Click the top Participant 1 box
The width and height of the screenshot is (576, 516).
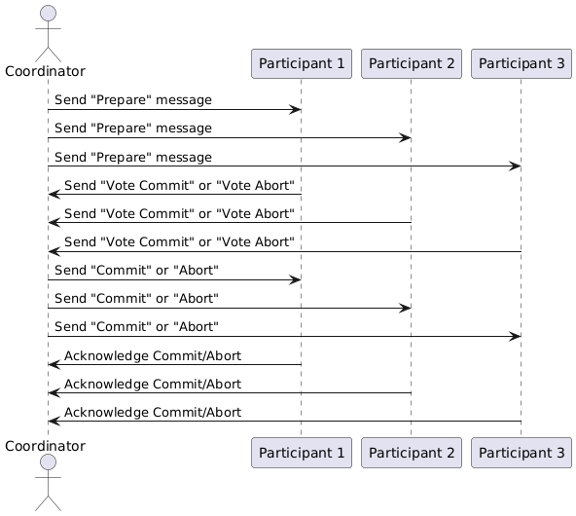301,64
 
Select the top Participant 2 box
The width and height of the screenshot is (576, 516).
411,64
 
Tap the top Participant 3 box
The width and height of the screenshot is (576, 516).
521,64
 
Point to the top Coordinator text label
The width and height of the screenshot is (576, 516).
45,71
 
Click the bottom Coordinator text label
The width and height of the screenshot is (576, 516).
45,445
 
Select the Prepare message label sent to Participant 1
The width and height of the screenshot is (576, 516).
133,100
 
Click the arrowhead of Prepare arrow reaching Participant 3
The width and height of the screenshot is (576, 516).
516,166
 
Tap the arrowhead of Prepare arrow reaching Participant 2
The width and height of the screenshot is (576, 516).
406,138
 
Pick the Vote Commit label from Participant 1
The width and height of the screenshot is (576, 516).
179,185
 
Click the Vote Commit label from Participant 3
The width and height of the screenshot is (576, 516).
179,241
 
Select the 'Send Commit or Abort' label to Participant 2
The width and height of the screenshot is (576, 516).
136,298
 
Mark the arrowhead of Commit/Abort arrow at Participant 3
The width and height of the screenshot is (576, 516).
516,336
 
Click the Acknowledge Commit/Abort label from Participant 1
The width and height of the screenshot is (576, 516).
153,355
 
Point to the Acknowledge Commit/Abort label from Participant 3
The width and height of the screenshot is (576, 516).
153,412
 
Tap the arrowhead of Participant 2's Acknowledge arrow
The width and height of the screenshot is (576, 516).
54,392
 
